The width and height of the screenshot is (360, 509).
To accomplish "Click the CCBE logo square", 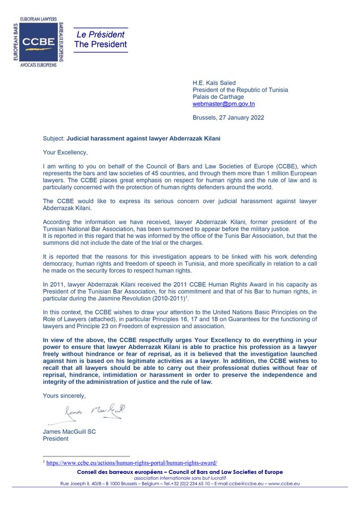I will [x=38, y=42].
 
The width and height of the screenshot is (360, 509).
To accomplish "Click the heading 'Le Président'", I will [x=101, y=34].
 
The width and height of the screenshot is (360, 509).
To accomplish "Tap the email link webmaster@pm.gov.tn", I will [x=224, y=104].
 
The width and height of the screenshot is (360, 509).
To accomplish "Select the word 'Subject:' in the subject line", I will [x=54, y=138].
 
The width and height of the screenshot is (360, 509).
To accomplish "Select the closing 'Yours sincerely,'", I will [x=65, y=396].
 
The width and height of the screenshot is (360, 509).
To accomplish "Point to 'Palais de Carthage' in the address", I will [x=218, y=97].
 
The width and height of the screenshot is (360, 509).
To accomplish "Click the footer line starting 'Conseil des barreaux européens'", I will [x=180, y=472].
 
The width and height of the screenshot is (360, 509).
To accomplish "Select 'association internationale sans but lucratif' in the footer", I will [x=180, y=478].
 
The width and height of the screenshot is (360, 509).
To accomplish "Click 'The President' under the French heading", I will [x=101, y=45].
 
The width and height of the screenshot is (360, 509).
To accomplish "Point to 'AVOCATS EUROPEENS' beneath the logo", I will [x=38, y=65].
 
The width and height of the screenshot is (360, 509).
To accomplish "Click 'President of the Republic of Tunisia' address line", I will [x=240, y=90].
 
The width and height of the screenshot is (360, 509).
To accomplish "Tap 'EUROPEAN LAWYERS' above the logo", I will [x=38, y=19].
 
